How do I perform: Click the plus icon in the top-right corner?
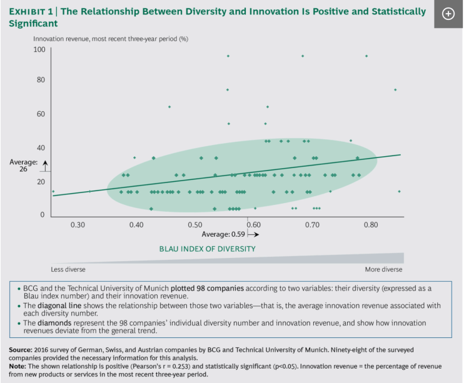(x=448, y=14)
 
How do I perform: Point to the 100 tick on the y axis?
(x=39, y=49)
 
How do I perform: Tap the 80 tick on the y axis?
(x=41, y=80)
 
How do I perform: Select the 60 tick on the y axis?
(x=41, y=114)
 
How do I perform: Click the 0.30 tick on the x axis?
(x=78, y=224)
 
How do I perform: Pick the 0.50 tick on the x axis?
(x=194, y=224)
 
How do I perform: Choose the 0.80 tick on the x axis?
(x=371, y=224)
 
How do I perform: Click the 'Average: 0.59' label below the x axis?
(x=224, y=234)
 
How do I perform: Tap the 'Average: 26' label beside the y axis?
(x=23, y=166)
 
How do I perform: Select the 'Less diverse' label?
(x=68, y=269)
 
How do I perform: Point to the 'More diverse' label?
(x=384, y=269)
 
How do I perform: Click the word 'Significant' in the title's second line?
(x=33, y=24)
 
